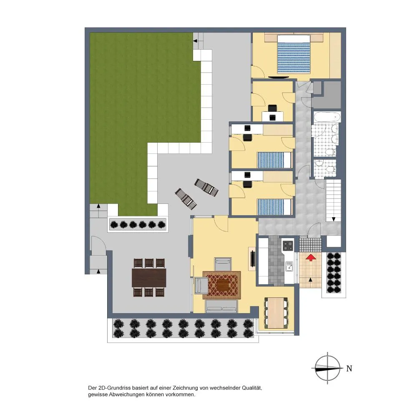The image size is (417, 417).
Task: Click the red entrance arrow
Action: click(311, 257)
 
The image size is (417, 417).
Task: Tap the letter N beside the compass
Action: click(349, 369)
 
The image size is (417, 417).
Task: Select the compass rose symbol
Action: click(327, 368)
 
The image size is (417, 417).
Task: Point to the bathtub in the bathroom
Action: click(327, 117)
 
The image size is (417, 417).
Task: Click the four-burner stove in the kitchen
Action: click(288, 246)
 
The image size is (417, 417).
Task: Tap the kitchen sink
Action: click(289, 266)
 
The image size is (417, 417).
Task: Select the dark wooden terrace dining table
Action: click(149, 278)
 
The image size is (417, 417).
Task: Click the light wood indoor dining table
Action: click(276, 313)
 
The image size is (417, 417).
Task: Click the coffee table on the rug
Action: click(222, 285)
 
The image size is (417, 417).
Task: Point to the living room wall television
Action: click(252, 259)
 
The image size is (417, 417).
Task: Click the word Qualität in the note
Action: click(252, 388)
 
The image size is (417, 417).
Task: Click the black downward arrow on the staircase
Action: click(333, 219)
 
